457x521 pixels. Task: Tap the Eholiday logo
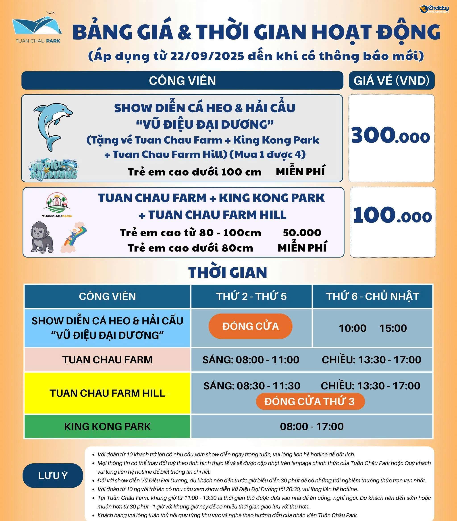434,9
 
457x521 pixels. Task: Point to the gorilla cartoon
42,237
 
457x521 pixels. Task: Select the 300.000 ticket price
391,135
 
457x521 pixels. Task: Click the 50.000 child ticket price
302,233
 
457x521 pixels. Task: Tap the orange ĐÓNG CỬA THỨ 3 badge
310,401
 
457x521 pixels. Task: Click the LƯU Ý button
53,476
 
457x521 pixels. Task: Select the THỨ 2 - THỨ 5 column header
251,296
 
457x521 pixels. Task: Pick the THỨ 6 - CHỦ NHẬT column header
372,296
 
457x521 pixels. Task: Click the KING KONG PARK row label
107,426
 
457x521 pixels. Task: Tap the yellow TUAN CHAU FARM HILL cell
107,393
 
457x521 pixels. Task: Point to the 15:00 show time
393,328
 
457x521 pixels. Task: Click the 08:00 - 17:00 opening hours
312,426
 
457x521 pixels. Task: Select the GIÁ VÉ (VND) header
391,81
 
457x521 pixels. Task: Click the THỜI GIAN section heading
228,273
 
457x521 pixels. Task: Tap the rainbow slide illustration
73,237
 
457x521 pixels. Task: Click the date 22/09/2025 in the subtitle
207,56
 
